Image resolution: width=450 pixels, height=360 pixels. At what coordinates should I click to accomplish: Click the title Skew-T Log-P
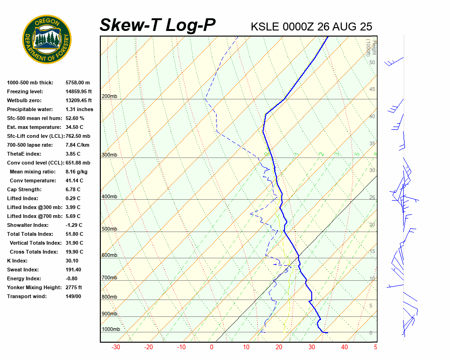[x=157, y=25]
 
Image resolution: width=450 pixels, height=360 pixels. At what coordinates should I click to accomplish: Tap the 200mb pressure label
[x=109, y=97]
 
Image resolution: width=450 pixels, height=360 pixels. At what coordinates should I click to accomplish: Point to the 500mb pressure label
[x=109, y=229]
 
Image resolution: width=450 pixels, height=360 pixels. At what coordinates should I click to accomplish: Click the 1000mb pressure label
[x=111, y=330]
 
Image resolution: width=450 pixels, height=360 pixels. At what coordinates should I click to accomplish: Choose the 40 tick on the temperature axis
[x=345, y=347]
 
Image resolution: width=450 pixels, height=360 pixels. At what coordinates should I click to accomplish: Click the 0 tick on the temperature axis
[x=211, y=347]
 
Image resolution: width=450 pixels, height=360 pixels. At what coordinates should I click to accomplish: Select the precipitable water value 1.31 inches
[x=79, y=109]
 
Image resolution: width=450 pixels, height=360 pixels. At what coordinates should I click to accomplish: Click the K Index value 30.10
[x=72, y=261]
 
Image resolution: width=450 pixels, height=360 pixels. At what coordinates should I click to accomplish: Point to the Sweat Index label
[x=23, y=270]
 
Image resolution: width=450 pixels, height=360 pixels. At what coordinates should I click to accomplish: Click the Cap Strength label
[x=24, y=189]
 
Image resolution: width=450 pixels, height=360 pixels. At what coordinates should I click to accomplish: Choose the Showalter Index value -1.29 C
[x=75, y=225]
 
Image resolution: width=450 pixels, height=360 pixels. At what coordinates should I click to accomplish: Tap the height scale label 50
[x=372, y=62]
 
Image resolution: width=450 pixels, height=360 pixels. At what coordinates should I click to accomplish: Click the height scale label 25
[x=372, y=198]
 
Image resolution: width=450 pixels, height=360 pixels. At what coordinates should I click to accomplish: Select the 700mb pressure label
[x=109, y=278]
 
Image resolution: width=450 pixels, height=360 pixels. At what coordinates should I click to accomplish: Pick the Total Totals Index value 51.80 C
[x=75, y=234]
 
